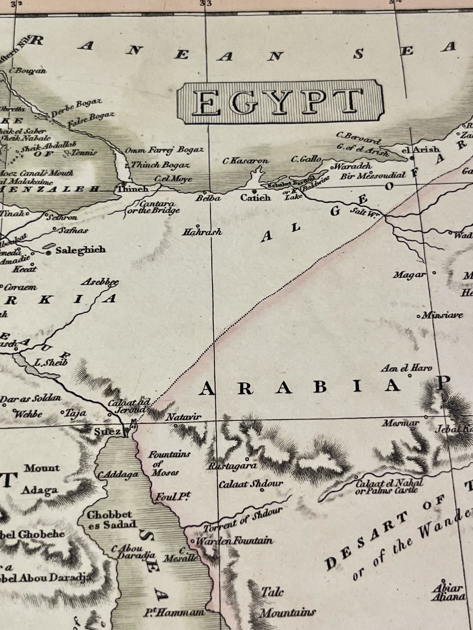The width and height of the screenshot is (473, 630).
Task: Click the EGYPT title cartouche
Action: coord(280,102)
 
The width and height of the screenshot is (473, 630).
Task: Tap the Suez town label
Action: coord(107,432)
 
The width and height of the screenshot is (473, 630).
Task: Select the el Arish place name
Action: coord(420,149)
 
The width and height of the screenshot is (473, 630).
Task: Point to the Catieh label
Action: coord(255,197)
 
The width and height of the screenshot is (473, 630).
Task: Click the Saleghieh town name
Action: coord(81,250)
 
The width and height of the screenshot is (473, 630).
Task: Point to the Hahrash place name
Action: coord(202,232)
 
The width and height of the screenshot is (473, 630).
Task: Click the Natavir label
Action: coord(184,417)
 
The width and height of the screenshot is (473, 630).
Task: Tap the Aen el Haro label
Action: coord(406,368)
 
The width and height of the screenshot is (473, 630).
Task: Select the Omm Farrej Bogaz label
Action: coord(164,150)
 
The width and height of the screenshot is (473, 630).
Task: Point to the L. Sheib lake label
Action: coord(51,362)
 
